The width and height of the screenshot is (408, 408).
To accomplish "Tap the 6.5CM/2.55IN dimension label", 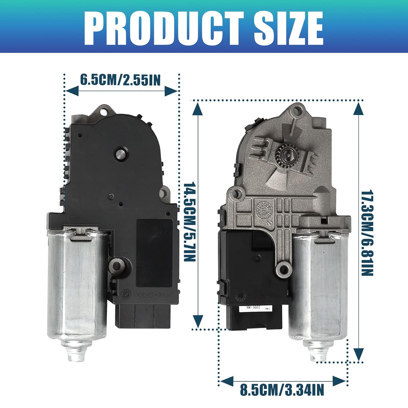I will click(x=120, y=80).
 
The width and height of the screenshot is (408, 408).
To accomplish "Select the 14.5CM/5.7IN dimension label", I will click(x=190, y=222).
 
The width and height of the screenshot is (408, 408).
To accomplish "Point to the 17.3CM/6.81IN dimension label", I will click(x=367, y=233).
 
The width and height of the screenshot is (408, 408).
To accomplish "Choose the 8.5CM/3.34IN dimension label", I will click(x=282, y=390).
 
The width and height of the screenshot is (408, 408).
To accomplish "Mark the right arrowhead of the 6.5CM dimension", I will click(x=171, y=91).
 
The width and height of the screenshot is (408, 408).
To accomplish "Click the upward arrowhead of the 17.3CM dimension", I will click(x=359, y=109).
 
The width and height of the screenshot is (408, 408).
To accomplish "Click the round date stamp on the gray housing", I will click(x=263, y=211).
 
